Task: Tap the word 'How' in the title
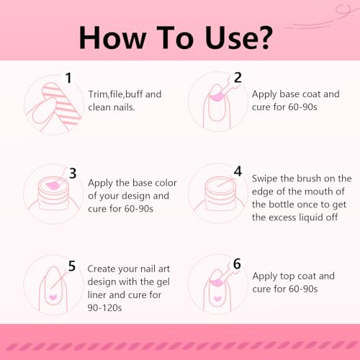click(x=112, y=37)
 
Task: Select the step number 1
click(x=68, y=78)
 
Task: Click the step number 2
click(x=238, y=78)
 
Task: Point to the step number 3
click(x=73, y=174)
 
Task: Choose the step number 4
click(x=238, y=171)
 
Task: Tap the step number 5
click(x=72, y=266)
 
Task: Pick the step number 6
click(x=237, y=264)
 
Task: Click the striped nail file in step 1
click(x=61, y=104)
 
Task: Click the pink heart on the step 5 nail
click(x=53, y=297)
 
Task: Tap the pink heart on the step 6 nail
click(x=217, y=299)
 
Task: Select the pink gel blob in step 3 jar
click(x=53, y=185)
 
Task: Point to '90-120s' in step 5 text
click(x=104, y=307)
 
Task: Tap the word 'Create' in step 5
click(x=101, y=269)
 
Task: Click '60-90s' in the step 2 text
click(x=302, y=107)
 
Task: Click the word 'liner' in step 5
click(x=97, y=294)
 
